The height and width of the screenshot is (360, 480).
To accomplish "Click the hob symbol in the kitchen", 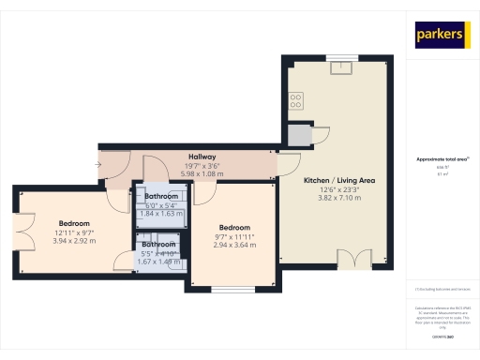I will (296, 99).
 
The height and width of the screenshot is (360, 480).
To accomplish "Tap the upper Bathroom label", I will (161, 196).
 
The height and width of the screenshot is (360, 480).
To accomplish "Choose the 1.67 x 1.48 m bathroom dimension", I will (157, 262).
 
